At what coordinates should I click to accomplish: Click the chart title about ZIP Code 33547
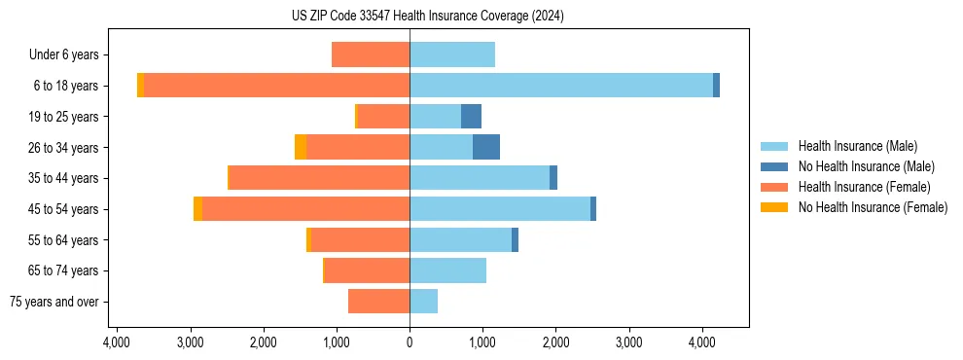[427, 16]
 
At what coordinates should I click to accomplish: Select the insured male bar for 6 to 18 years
[561, 86]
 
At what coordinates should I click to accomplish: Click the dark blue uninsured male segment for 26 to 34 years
[486, 147]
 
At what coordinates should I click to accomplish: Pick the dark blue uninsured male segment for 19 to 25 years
[471, 117]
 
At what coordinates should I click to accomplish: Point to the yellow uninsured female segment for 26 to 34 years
[301, 147]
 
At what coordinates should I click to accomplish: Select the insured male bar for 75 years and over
[423, 302]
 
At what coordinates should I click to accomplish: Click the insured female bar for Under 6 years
[371, 54]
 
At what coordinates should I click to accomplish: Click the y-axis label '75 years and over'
[54, 302]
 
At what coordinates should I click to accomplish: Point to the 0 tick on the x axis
[410, 342]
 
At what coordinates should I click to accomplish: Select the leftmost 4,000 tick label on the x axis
[117, 342]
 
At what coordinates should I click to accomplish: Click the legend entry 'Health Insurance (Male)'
[857, 146]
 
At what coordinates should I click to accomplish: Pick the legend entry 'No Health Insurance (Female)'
[873, 207]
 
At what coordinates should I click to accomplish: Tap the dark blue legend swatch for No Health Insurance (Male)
[774, 166]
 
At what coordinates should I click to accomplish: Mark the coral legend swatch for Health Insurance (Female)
[774, 187]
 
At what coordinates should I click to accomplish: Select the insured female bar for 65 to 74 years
[367, 270]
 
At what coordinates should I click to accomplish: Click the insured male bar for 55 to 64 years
[460, 239]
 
